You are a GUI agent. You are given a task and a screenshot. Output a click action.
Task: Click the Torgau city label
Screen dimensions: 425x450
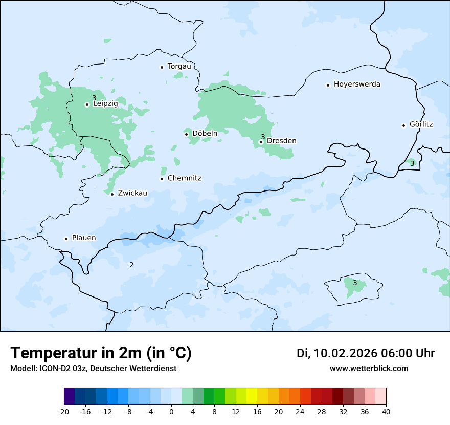tap(179, 67)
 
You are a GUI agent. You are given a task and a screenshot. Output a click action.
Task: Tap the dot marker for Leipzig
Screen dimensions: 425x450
tap(87, 104)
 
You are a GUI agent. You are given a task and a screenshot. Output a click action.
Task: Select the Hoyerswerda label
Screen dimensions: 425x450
tap(357, 84)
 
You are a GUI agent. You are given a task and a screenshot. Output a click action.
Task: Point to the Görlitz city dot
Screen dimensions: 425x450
tap(404, 125)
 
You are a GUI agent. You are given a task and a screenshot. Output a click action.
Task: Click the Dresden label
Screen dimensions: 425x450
tap(281, 141)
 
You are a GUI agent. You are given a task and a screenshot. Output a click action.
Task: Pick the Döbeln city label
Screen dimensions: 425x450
tap(205, 134)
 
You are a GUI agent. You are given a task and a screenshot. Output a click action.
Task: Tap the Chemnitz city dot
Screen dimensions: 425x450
tap(162, 179)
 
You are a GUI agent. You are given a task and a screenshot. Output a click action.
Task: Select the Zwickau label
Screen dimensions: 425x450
tap(132, 193)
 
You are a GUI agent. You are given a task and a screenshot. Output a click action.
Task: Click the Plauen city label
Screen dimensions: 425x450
tap(84, 238)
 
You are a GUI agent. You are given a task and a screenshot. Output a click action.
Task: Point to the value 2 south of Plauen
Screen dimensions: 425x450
tap(131, 265)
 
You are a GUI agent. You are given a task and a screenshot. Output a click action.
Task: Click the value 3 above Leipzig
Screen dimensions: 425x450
tap(94, 98)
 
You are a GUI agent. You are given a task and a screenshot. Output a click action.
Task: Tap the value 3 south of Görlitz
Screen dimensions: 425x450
tap(412, 163)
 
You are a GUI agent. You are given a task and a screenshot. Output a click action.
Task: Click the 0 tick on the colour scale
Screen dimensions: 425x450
tap(171, 411)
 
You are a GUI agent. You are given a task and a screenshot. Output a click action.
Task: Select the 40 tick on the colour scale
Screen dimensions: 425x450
tap(386, 411)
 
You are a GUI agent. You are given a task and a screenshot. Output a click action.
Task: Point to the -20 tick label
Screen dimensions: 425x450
tap(64, 411)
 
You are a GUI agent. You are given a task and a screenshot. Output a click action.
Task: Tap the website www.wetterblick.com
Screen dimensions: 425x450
tap(369, 369)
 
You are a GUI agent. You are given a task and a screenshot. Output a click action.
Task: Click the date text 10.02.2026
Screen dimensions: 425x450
tap(345, 353)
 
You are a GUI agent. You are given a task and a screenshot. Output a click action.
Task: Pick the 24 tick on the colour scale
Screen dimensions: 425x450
tap(300, 411)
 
